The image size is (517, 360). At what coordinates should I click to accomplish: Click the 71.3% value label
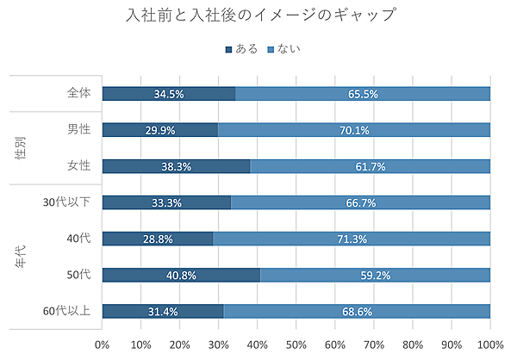351,239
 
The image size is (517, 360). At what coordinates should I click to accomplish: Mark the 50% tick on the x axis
296,344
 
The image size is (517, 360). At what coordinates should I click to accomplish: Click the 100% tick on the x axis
489,344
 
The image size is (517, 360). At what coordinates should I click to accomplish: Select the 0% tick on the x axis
102,344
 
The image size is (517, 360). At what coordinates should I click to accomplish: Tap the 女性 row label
78,166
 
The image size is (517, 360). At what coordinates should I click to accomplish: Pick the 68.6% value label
357,311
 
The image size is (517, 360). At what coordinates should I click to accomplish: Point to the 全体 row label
78,93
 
